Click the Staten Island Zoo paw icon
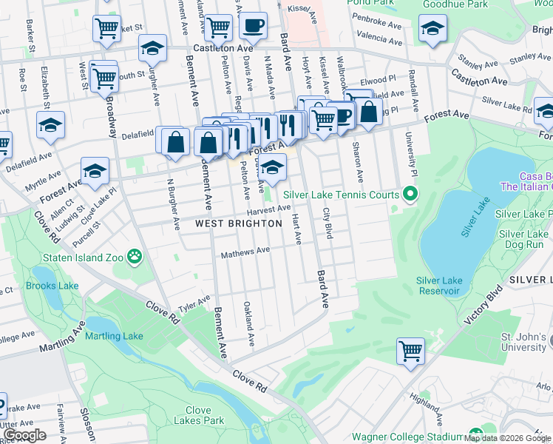(x=134, y=257)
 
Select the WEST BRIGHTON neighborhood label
(x=239, y=223)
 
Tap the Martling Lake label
(x=114, y=337)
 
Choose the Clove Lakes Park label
(x=199, y=415)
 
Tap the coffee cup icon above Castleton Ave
(x=253, y=27)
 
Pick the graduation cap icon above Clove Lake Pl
(x=95, y=172)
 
